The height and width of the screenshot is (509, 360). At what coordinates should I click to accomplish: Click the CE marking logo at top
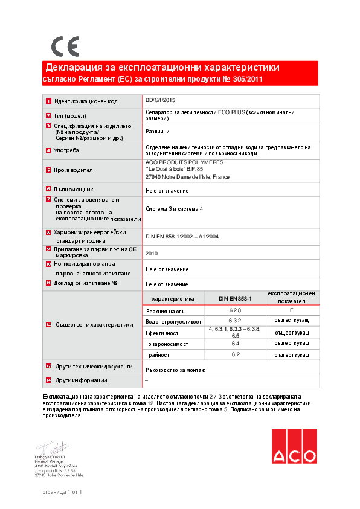coord(65,46)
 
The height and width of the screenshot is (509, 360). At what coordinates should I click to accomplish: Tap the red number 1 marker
coord(48,101)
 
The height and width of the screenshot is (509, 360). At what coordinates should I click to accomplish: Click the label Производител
coord(74,170)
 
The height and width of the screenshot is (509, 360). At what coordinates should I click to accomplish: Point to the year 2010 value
coord(152,254)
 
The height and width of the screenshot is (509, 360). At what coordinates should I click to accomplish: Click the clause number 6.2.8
coord(235,309)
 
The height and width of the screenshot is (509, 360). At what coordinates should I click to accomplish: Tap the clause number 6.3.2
coord(235,320)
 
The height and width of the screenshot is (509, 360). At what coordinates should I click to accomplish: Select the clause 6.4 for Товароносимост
coord(235,343)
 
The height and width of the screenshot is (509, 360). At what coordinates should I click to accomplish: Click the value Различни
coord(158,131)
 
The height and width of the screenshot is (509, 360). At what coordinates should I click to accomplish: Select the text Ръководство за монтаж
coord(176,369)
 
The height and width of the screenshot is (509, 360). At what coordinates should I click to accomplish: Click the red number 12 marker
coord(49,325)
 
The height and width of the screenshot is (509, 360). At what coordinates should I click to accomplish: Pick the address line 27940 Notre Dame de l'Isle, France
coord(187,177)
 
